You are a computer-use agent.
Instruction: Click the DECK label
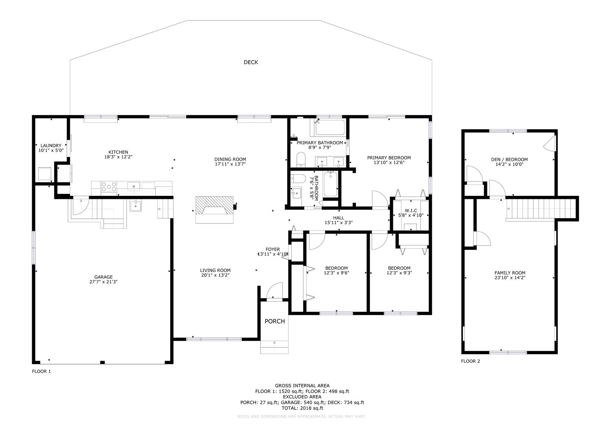251,62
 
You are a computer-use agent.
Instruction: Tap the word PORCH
275,321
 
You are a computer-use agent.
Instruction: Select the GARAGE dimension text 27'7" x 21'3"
104,282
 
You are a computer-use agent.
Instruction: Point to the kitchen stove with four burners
109,187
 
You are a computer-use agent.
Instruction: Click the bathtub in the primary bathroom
330,127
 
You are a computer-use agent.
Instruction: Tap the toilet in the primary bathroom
301,159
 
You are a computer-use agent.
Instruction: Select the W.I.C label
411,211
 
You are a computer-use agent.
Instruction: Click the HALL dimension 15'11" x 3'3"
339,223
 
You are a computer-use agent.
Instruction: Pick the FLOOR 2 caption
470,361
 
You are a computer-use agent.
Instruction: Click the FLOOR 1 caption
41,372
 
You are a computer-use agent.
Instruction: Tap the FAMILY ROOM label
510,273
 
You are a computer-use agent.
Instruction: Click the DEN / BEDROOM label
509,160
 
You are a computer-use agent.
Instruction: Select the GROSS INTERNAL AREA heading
302,386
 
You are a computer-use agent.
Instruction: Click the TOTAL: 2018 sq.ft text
302,408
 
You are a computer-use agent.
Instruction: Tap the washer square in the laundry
45,174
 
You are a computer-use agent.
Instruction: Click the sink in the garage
135,206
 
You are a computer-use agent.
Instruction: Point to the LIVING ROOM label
215,270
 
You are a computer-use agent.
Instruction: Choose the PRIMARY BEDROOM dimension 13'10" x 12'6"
389,163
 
